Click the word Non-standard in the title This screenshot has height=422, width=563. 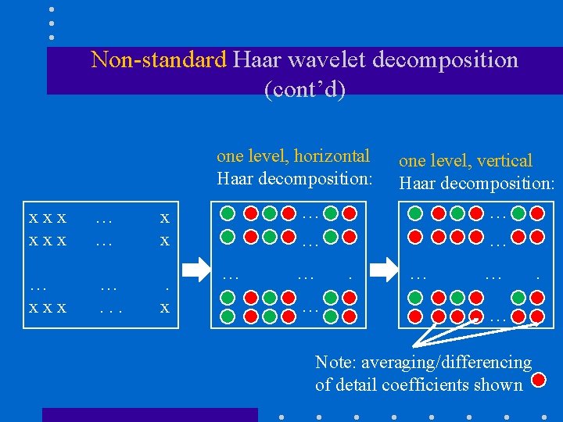(158, 59)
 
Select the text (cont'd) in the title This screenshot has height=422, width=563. (305, 89)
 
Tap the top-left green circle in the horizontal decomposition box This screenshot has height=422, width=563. (228, 213)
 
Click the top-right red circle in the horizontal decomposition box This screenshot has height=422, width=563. (350, 213)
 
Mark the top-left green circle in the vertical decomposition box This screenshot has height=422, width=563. (415, 213)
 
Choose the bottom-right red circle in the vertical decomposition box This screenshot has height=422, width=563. (537, 315)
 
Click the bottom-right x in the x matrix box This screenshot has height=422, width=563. (164, 308)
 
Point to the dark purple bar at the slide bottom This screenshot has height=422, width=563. (149, 414)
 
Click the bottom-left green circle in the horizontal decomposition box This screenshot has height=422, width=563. (228, 316)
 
